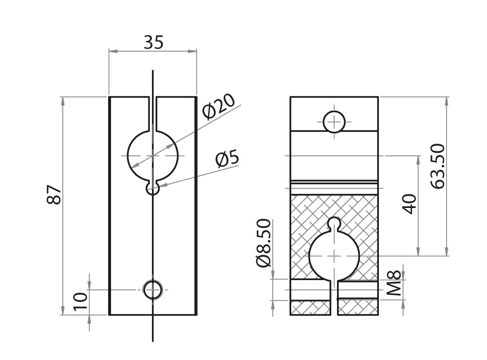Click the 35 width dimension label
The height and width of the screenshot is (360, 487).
[153, 43]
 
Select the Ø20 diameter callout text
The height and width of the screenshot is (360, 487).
[219, 106]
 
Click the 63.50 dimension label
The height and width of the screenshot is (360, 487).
[438, 166]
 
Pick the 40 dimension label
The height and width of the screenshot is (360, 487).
[410, 204]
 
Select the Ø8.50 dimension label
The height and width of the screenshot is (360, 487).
[263, 244]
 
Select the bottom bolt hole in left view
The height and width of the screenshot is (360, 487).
[153, 290]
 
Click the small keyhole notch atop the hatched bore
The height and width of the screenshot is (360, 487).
[335, 223]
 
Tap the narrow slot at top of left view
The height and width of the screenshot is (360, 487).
[153, 112]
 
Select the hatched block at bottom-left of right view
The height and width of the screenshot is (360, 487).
[312, 307]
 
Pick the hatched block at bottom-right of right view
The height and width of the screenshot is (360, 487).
[358, 307]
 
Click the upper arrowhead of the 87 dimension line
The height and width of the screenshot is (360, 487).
[62, 100]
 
